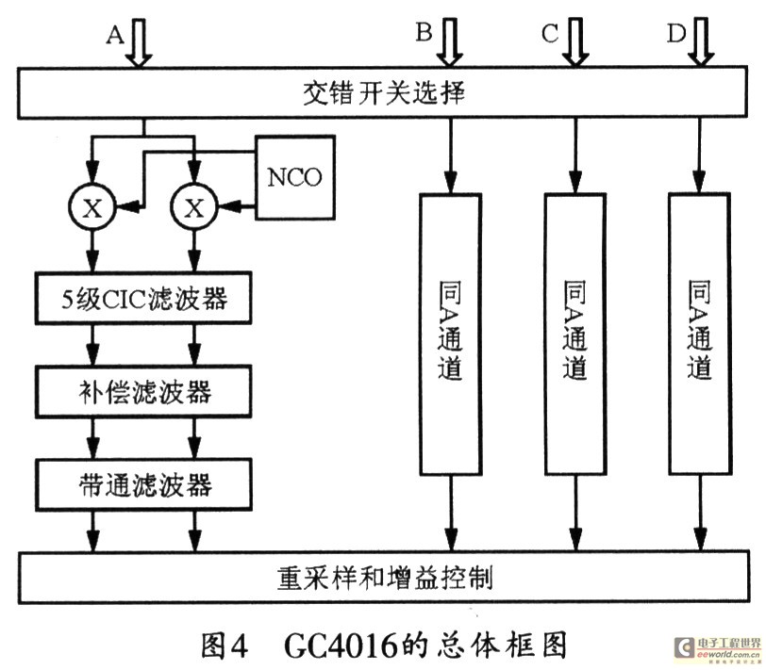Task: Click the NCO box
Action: click(x=295, y=178)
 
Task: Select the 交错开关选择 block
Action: click(x=382, y=94)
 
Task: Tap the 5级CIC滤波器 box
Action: click(x=142, y=301)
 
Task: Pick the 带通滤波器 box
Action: click(x=142, y=484)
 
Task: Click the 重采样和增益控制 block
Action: click(x=382, y=576)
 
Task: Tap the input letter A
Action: click(x=115, y=34)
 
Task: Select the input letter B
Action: click(x=424, y=34)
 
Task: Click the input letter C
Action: click(x=550, y=34)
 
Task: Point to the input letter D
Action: click(x=675, y=34)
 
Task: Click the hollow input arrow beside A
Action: click(x=140, y=43)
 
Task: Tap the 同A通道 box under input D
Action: click(x=699, y=331)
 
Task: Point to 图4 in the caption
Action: click(x=225, y=645)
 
